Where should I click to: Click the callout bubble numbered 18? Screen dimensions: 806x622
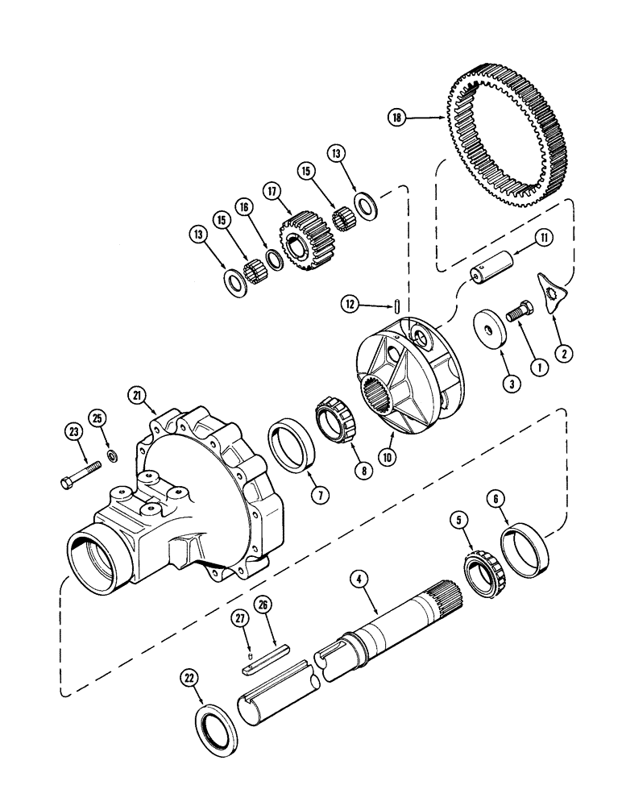click(396, 118)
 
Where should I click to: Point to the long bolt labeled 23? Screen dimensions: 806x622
click(80, 474)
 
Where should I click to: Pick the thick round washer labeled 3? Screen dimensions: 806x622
click(488, 330)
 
